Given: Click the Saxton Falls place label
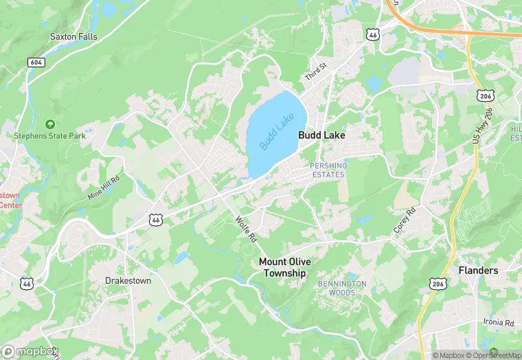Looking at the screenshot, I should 73,36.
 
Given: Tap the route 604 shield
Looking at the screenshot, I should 36,62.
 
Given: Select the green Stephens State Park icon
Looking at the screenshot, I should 49,124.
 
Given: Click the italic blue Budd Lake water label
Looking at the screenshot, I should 276,131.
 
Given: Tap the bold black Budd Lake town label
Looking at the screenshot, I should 321,136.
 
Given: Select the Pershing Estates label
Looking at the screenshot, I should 328,170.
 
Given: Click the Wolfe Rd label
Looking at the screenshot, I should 245,229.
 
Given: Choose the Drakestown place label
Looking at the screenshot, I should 128,280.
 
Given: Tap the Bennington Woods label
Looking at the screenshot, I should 342,288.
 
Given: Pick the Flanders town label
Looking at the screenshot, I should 478,271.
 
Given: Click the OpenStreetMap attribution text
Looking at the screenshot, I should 493,355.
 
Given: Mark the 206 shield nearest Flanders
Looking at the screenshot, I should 438,284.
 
